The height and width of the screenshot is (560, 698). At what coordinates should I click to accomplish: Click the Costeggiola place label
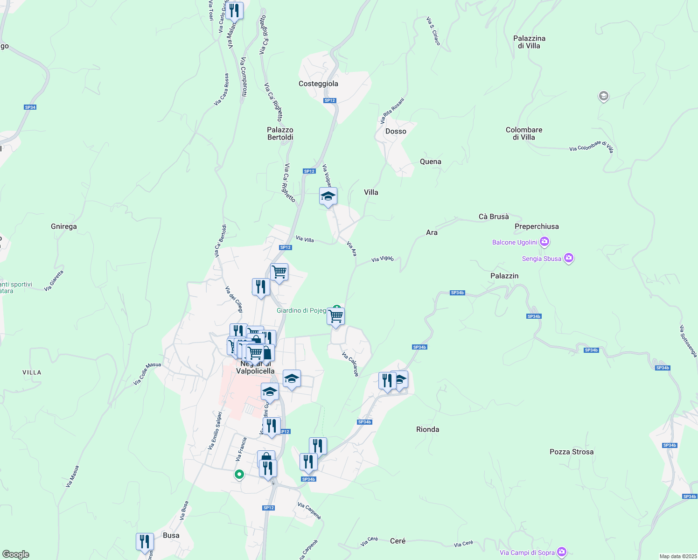(318, 84)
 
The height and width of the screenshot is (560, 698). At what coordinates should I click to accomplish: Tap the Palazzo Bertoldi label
(280, 133)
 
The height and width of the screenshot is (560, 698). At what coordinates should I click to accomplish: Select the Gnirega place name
(64, 226)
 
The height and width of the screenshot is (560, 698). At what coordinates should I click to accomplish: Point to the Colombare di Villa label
(524, 133)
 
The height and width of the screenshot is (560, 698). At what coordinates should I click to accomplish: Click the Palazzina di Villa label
(529, 42)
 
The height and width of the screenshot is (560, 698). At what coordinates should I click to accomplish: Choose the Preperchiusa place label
(537, 226)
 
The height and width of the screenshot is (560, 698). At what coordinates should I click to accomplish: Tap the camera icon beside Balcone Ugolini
(544, 242)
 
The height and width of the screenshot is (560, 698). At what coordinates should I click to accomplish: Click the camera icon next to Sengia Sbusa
(568, 258)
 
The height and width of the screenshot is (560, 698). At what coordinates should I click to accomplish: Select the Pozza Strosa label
(572, 452)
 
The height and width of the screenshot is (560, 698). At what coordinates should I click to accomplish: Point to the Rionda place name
(427, 429)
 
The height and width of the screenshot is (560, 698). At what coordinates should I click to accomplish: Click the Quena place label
(430, 161)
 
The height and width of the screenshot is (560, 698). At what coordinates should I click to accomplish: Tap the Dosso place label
(396, 131)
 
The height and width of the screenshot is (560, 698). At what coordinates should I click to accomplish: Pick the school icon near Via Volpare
(328, 196)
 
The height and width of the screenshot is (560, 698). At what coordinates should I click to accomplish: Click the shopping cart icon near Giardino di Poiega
(336, 316)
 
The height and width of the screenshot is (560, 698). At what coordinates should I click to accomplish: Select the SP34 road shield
(30, 107)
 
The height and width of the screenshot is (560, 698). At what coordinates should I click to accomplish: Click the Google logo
(16, 554)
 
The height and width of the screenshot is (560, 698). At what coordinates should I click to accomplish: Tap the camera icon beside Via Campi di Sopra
(562, 552)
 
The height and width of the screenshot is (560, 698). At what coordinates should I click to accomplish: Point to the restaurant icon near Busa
(145, 542)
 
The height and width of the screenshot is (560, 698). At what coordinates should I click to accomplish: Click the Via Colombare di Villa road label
(591, 147)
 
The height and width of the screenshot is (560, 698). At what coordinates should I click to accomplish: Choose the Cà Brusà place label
(494, 217)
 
